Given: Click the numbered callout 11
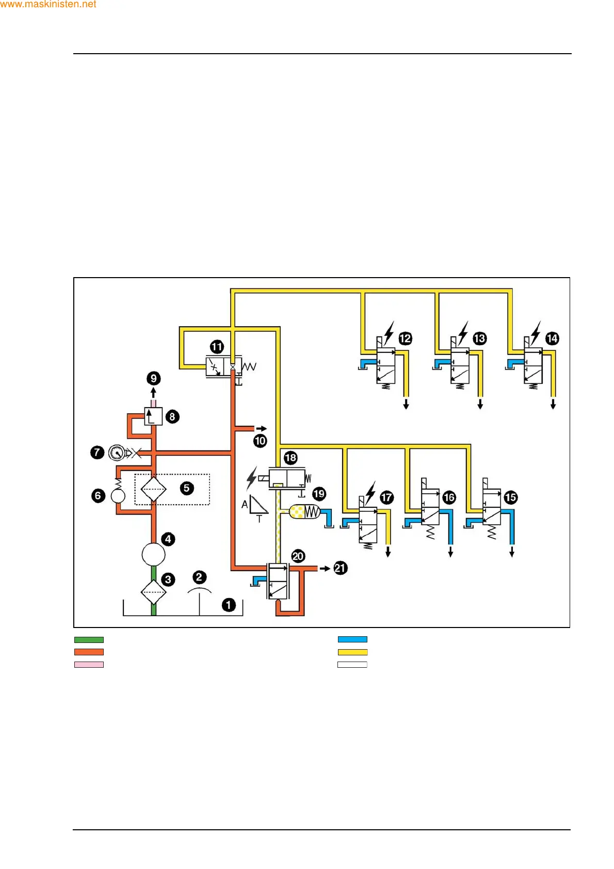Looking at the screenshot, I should coord(217,347).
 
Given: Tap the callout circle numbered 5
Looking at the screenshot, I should coord(187,488).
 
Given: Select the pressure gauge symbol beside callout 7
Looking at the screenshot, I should coord(116,453).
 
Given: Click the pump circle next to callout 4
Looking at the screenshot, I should coord(153,555).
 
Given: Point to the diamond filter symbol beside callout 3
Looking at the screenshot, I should coord(153,592).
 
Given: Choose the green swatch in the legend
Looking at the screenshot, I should coord(89,640).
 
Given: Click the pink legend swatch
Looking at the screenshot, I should coord(89,665).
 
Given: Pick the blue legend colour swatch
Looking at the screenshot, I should coord(352,640).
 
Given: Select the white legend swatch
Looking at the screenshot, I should coord(352,665).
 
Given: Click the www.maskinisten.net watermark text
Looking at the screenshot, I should coord(49,5).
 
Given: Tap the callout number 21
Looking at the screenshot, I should coord(340,568).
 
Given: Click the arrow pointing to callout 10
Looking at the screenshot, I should coord(262,428).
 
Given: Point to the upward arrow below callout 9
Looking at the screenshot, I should coord(153,393).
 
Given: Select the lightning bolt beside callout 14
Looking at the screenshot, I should coord(537,332).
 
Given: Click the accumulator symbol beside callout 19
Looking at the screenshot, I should coord(305,512).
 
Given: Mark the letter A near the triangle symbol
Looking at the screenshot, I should coord(245,504).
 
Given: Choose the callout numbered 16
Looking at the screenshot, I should coord(449,497).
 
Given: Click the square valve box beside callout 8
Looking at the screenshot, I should coord(153,416).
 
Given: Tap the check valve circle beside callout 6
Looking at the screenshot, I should coord(118,496).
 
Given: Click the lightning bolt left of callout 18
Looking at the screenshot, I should coord(252,478).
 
